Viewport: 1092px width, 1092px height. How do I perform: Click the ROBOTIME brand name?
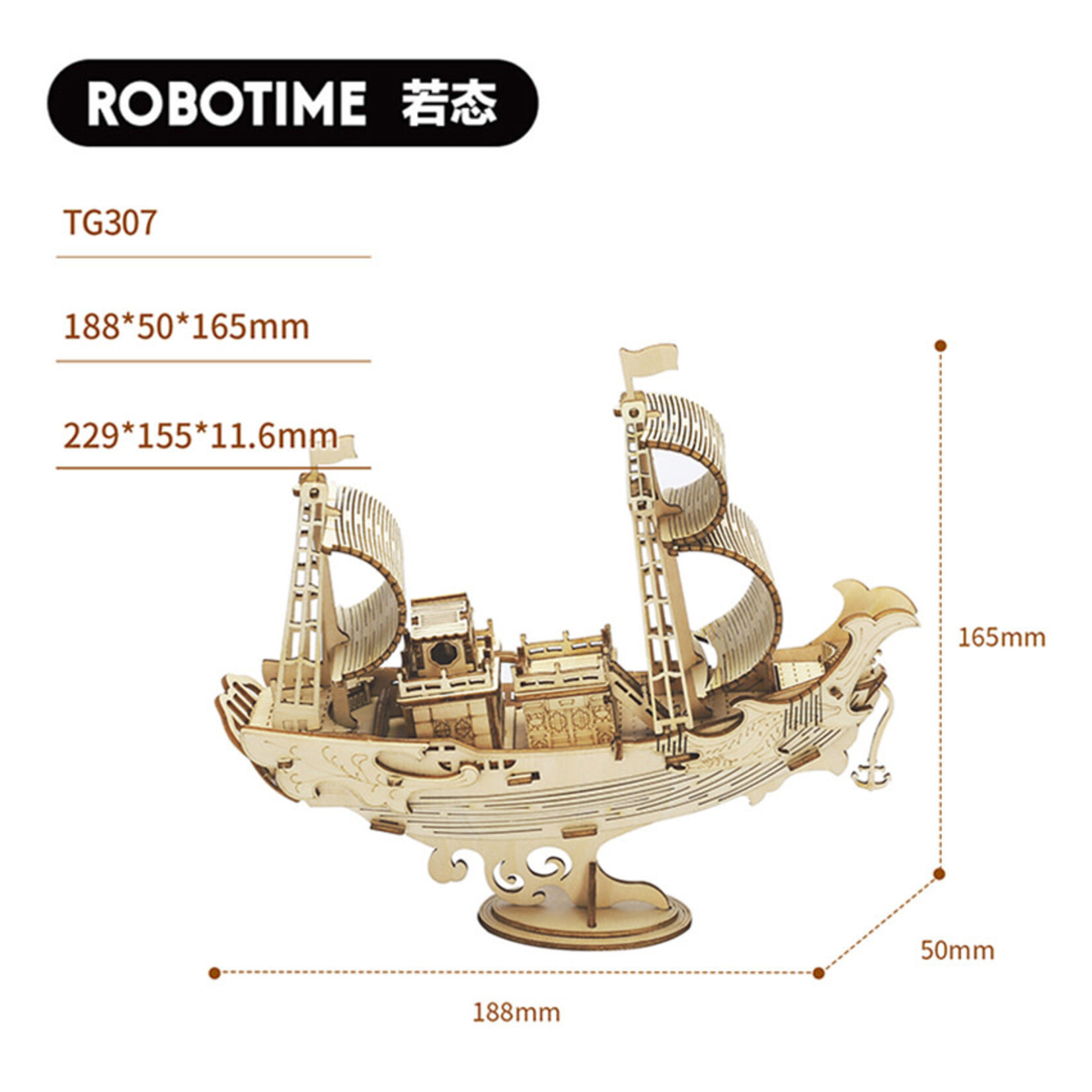(x=227, y=104)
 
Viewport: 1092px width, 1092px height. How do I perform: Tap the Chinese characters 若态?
(x=449, y=104)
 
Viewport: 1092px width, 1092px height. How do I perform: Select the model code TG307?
(x=110, y=222)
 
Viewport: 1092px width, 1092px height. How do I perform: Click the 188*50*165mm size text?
(x=186, y=327)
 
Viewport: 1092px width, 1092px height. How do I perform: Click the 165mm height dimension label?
(x=1001, y=637)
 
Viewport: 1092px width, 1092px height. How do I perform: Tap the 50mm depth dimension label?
(x=956, y=951)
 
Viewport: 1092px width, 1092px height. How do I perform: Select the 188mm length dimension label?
(x=516, y=1012)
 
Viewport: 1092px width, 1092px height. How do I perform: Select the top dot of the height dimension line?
(x=941, y=346)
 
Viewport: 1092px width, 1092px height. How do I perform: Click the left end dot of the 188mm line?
(x=214, y=973)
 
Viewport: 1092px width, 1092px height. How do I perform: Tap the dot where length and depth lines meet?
(x=818, y=973)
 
